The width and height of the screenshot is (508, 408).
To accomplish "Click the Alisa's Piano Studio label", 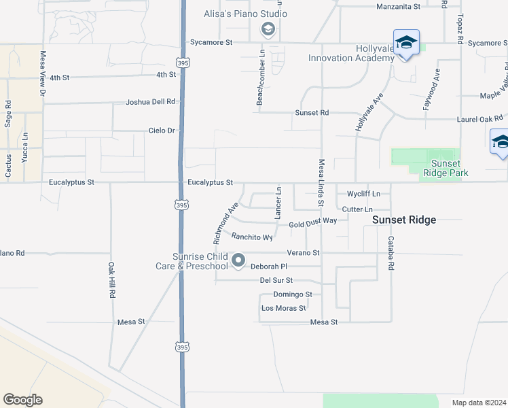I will [x=242, y=14].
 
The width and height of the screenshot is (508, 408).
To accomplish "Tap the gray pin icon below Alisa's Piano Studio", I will [x=268, y=29].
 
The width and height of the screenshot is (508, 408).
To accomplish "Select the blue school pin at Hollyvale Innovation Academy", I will [x=406, y=43].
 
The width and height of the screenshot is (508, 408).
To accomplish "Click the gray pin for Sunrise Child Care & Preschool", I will [x=238, y=260].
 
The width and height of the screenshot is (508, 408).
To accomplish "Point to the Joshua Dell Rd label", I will [x=151, y=102].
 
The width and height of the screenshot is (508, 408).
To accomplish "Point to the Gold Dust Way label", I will [x=312, y=222].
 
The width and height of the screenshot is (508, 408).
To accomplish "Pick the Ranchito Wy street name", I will [x=252, y=237].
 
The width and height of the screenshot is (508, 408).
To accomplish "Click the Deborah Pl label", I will [x=270, y=267].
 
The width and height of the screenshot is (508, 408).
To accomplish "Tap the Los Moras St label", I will [x=284, y=308].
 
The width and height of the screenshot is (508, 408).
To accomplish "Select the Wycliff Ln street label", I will [x=363, y=194].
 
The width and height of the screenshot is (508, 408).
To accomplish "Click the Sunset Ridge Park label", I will [x=442, y=168].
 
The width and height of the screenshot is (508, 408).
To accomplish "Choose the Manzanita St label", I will [x=399, y=6].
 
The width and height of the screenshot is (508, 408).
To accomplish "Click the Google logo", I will [x=22, y=400].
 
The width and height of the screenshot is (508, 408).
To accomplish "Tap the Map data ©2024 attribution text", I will [x=478, y=403].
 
